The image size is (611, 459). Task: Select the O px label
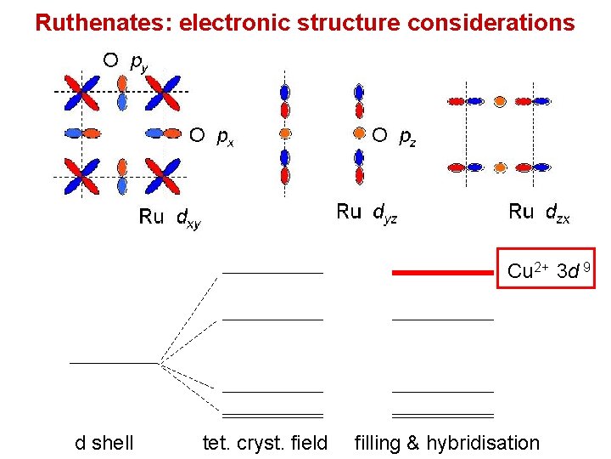pyautogui.click(x=211, y=135)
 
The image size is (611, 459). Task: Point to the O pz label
pyautogui.click(x=394, y=135)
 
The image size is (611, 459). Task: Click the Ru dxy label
pyautogui.click(x=170, y=218)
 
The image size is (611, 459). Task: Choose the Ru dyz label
pyautogui.click(x=367, y=212)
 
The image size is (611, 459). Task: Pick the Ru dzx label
pyautogui.click(x=539, y=212)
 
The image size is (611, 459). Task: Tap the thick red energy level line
pyautogui.click(x=442, y=273)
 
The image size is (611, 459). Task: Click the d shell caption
pyautogui.click(x=104, y=442)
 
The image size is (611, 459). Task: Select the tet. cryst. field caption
pyautogui.click(x=266, y=442)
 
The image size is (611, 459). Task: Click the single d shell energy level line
pyautogui.click(x=114, y=363)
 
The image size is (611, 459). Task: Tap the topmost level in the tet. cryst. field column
pyautogui.click(x=272, y=273)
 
